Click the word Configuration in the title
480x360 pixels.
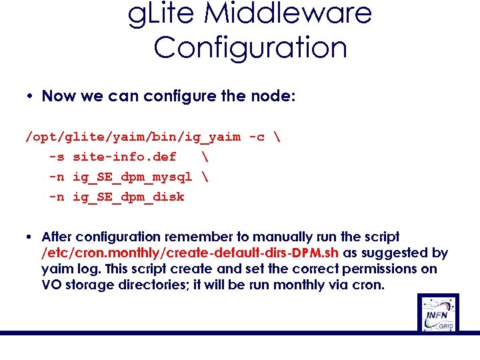[x=250, y=47]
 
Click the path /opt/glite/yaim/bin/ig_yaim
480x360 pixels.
[x=133, y=137]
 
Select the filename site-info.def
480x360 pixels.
[x=124, y=157]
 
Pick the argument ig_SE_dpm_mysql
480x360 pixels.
[x=132, y=177]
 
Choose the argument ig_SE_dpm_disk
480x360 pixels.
[x=128, y=197]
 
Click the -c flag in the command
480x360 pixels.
[x=256, y=137]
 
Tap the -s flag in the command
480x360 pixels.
[x=57, y=157]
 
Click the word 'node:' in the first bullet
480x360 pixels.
[x=272, y=96]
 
